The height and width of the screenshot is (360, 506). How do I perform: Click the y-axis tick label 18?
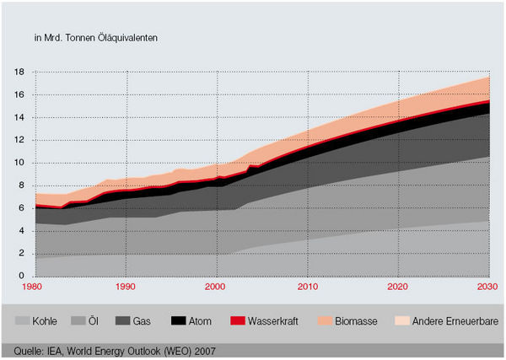coord(19,73)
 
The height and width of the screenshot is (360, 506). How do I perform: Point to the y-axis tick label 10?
coord(19,163)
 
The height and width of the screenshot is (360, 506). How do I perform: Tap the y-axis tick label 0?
coord(21,277)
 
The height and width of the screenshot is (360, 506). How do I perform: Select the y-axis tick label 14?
coord(19,118)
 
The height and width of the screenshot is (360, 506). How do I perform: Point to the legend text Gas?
coord(143,321)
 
